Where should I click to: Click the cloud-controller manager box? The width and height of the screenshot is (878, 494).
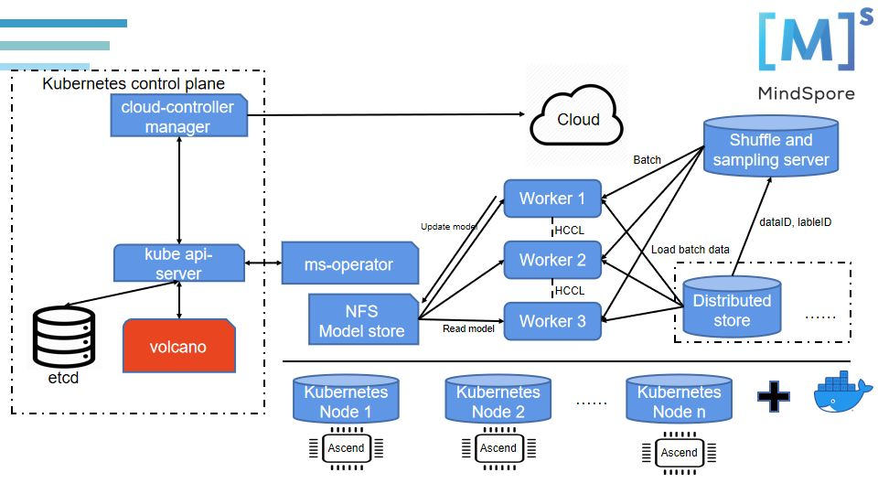pyautogui.click(x=177, y=116)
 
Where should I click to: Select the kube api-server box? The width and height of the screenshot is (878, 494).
pyautogui.click(x=177, y=263)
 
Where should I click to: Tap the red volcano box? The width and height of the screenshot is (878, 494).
pyautogui.click(x=178, y=347)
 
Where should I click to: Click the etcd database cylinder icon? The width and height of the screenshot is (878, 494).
pyautogui.click(x=63, y=338)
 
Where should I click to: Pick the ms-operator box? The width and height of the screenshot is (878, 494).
pyautogui.click(x=348, y=264)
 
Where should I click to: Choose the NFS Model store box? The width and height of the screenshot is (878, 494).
pyautogui.click(x=362, y=319)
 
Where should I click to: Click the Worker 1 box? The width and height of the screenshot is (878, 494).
pyautogui.click(x=552, y=199)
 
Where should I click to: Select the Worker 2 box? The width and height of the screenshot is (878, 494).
pyautogui.click(x=552, y=260)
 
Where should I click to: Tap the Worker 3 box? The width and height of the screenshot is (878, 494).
pyautogui.click(x=552, y=321)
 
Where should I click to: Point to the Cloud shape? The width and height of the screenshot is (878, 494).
pyautogui.click(x=578, y=119)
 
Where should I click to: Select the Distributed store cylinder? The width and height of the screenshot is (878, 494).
pyautogui.click(x=732, y=309)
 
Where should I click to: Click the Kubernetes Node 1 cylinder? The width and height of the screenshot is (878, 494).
pyautogui.click(x=346, y=400)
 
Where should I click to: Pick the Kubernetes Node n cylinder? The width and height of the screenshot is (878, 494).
pyautogui.click(x=679, y=400)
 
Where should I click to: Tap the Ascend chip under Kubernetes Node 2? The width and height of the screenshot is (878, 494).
pyautogui.click(x=498, y=448)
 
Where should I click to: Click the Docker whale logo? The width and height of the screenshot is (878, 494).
pyautogui.click(x=842, y=392)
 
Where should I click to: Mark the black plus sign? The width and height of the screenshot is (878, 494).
pyautogui.click(x=774, y=396)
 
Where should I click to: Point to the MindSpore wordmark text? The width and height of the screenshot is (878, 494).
pyautogui.click(x=807, y=93)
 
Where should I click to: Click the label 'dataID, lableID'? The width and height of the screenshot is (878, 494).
pyautogui.click(x=796, y=221)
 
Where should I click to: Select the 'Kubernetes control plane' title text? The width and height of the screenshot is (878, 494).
pyautogui.click(x=134, y=84)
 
